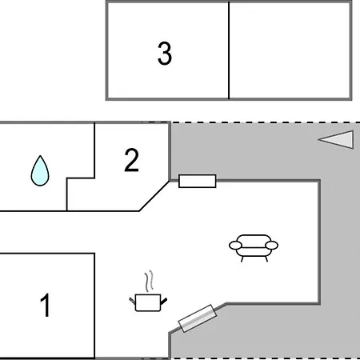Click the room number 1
point(46,305)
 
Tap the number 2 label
point(131,160)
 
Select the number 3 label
point(165,54)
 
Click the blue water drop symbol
point(40,170)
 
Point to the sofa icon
point(254,247)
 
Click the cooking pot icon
point(148,302)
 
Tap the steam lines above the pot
point(150,281)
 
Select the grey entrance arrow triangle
point(337,139)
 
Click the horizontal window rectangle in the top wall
point(198,181)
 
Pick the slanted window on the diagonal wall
point(198,318)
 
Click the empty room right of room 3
point(290,50)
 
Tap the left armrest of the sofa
point(235,246)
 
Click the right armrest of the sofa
point(271,245)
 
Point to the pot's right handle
point(164,302)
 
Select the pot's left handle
point(132,301)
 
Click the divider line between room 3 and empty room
point(229,50)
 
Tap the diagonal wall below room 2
point(154,196)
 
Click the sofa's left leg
point(242,258)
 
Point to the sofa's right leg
point(266,258)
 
